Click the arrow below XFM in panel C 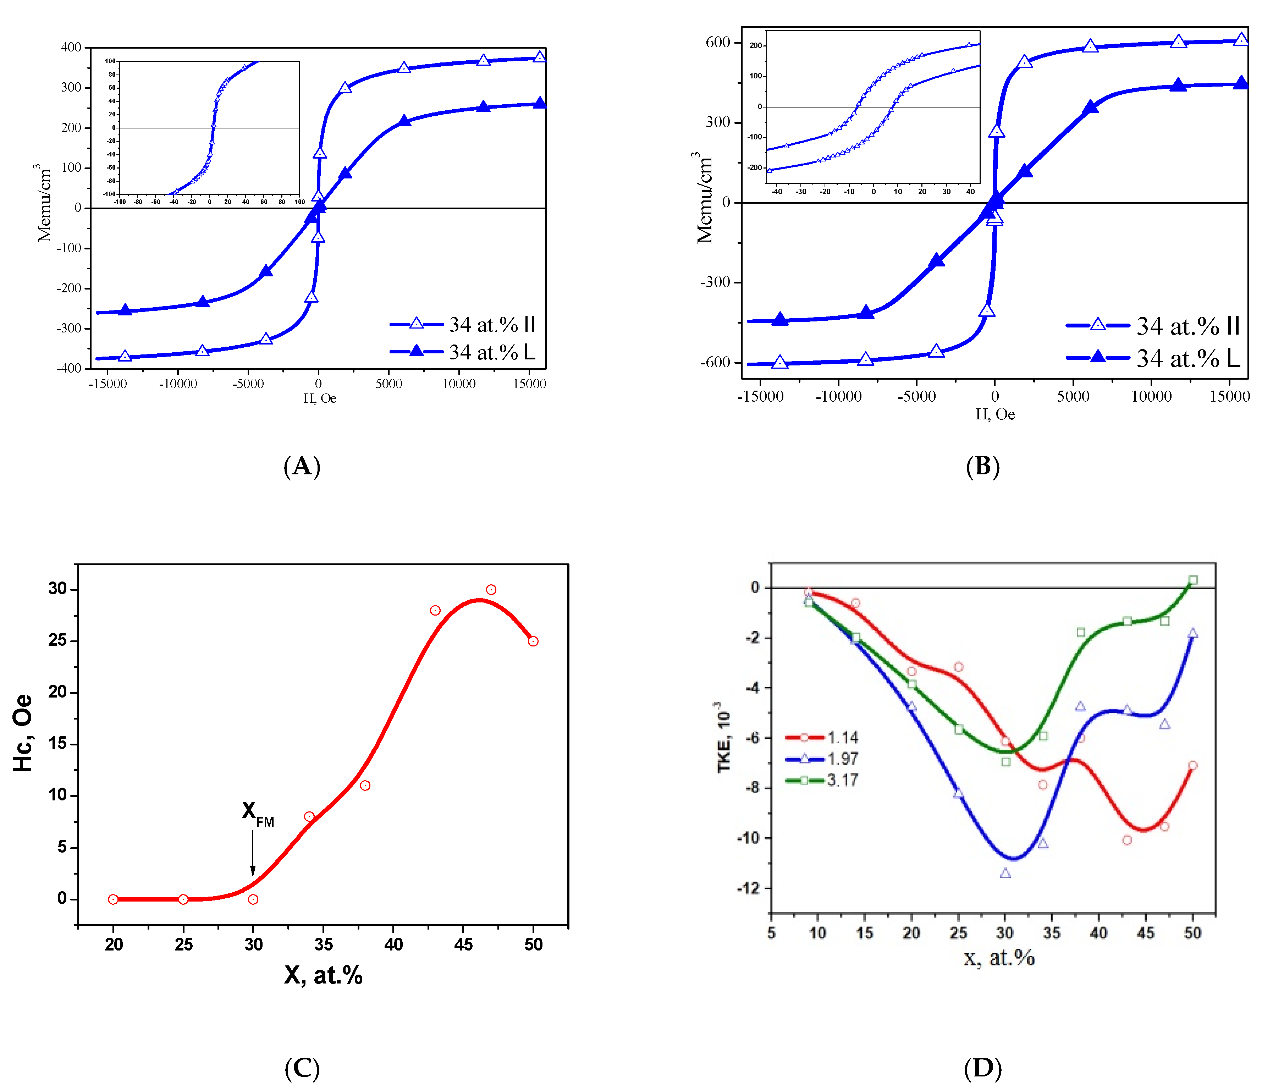point(253,853)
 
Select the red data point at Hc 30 point(491,590)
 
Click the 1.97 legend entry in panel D point(822,759)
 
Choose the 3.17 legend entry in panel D point(822,780)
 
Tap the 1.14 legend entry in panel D point(822,738)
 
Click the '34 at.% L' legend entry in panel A point(463,352)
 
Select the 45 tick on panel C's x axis point(463,944)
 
